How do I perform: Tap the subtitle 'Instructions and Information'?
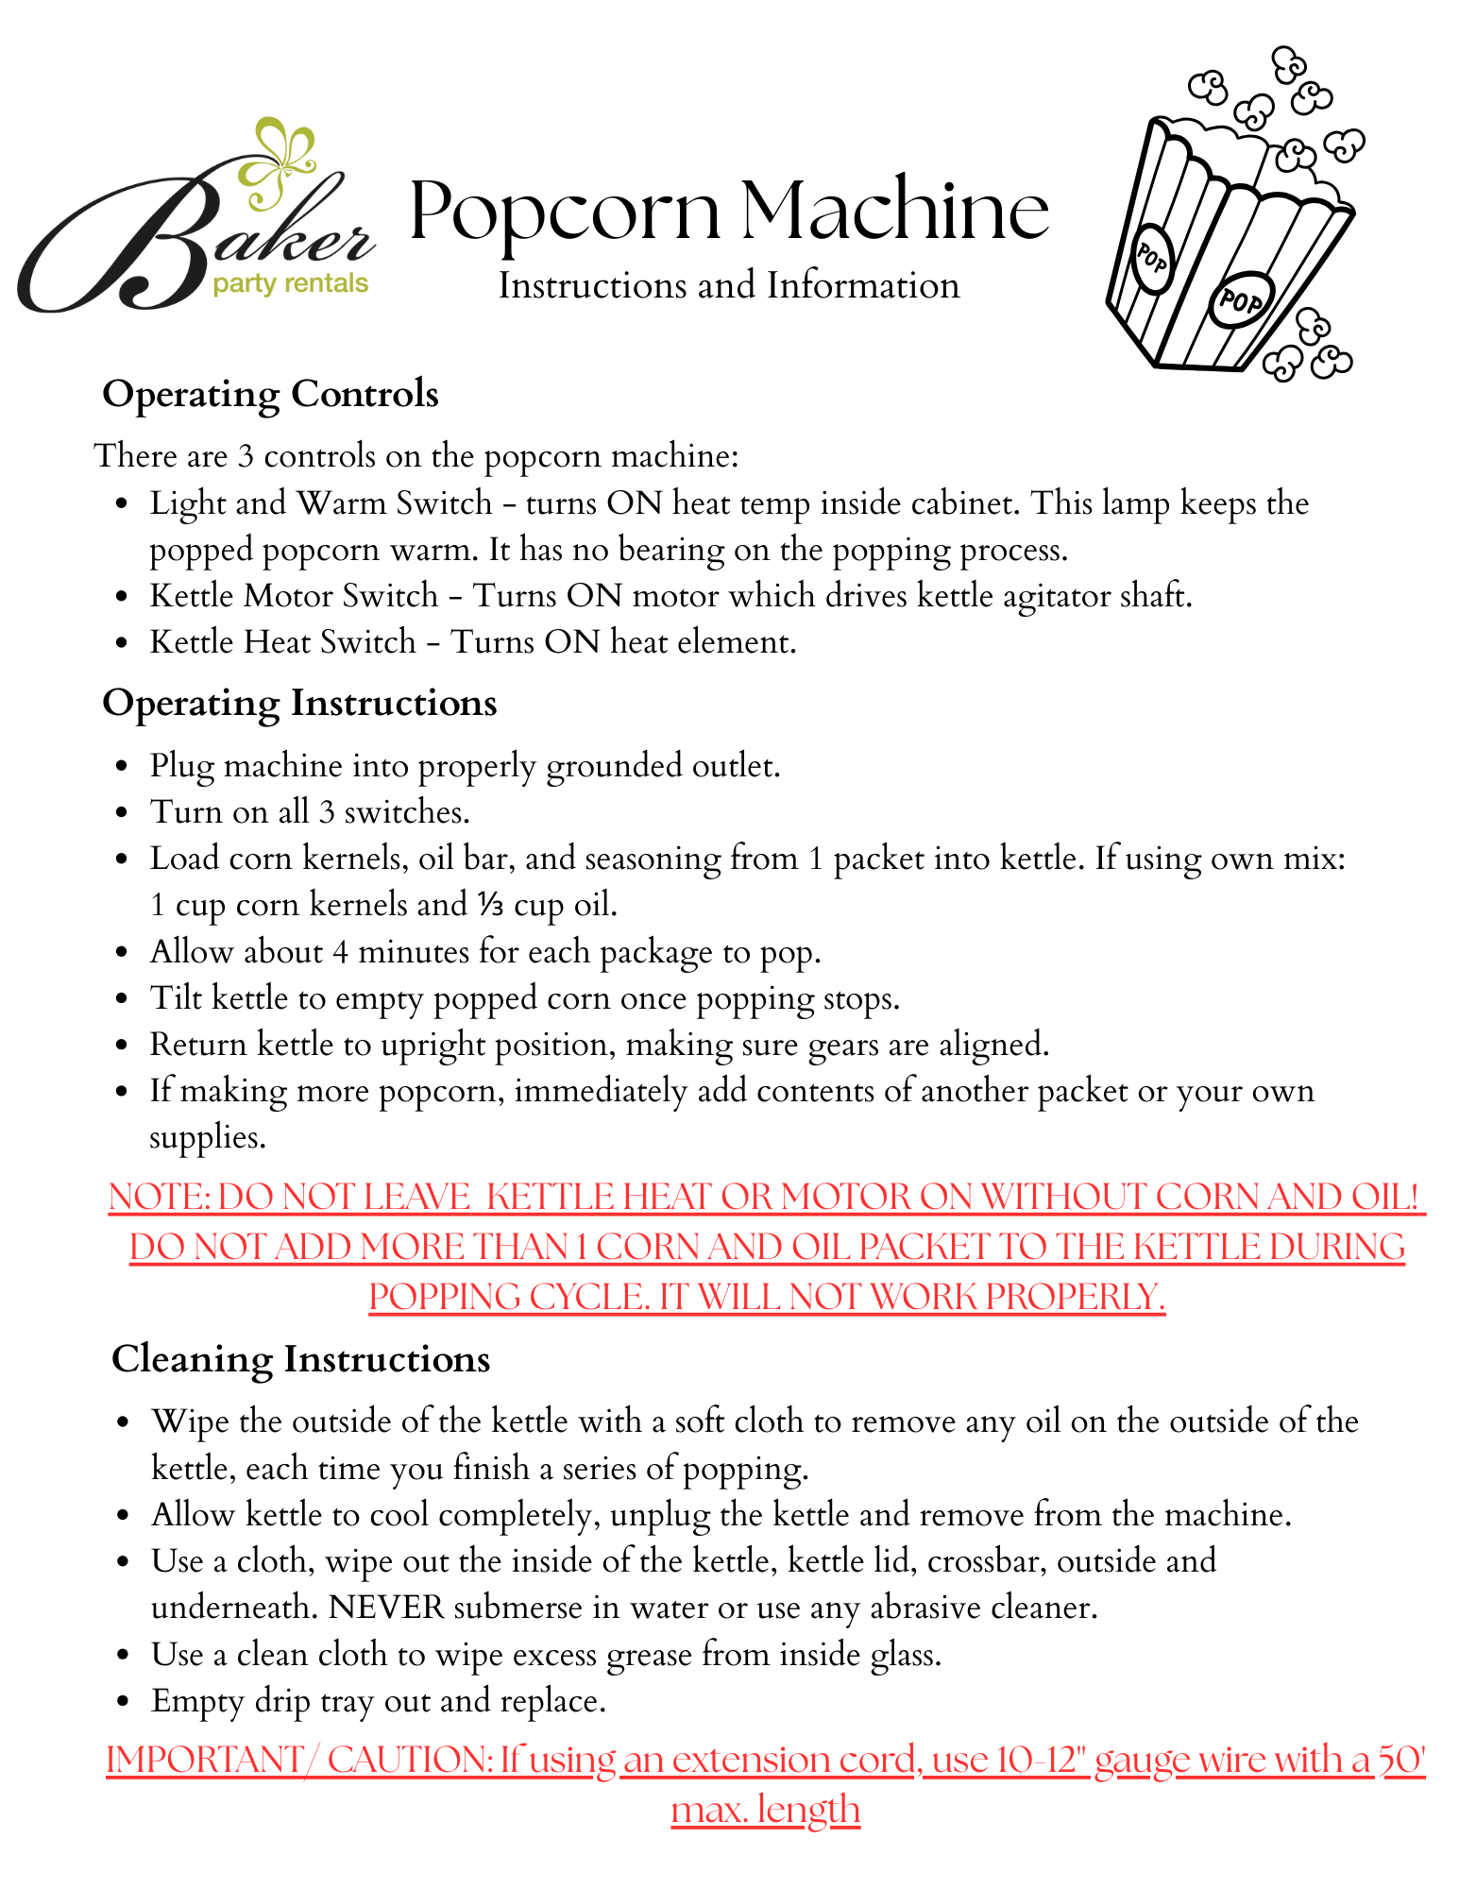tap(728, 286)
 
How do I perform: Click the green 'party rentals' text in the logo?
tap(290, 283)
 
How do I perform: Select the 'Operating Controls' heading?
tap(270, 394)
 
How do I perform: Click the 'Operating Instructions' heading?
tap(299, 703)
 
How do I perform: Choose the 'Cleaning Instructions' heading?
tap(300, 1359)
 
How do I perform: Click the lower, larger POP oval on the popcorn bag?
tap(1240, 300)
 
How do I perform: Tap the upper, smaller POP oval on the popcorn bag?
tap(1151, 254)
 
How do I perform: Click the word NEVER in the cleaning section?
tap(386, 1608)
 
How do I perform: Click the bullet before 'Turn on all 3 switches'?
tap(121, 813)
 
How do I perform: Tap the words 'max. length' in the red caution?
tap(765, 1810)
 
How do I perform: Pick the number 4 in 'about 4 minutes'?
tap(340, 952)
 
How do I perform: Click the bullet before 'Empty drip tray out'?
tap(122, 1702)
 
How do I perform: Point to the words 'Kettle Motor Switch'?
tap(294, 596)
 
